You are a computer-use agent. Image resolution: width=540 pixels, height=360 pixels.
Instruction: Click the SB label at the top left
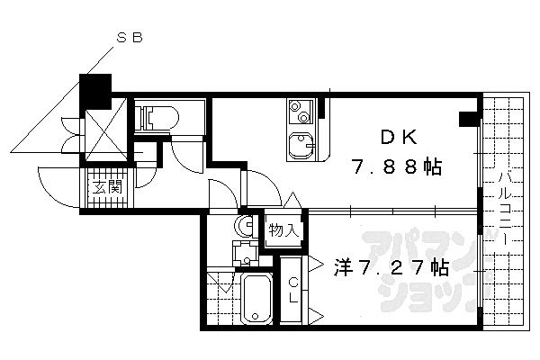(x=130, y=38)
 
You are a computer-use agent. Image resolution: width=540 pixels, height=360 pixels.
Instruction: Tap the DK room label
(x=399, y=138)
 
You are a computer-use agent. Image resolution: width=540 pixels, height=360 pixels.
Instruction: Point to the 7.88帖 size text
(x=396, y=167)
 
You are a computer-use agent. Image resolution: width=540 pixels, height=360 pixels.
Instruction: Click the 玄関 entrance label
(x=107, y=187)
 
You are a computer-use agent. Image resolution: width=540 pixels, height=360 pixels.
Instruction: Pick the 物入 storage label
(x=283, y=230)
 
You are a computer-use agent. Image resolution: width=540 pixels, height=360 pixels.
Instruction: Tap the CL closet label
(x=293, y=291)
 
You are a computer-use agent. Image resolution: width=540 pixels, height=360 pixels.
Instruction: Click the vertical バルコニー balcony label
(x=505, y=207)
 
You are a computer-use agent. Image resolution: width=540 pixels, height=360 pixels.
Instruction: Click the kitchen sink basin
(x=301, y=146)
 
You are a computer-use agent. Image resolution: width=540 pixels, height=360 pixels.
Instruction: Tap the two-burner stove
(x=300, y=111)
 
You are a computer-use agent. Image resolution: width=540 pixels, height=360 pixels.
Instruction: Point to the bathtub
(x=256, y=298)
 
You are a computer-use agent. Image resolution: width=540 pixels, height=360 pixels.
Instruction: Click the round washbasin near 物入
(x=245, y=225)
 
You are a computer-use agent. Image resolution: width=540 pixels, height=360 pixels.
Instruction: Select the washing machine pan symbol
(x=245, y=253)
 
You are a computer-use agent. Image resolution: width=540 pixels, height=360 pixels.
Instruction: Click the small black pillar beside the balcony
(x=469, y=118)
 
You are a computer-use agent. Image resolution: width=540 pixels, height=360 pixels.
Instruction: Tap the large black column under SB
(x=95, y=90)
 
